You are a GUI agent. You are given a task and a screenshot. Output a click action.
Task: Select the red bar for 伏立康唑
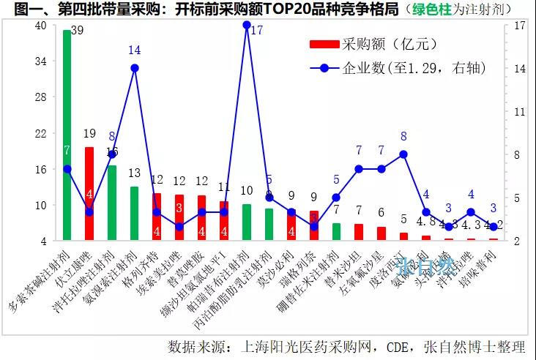[x=89, y=194]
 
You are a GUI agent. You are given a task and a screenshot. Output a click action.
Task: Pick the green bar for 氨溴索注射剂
[x=135, y=213]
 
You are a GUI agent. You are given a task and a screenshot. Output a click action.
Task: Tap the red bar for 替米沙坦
[x=359, y=232]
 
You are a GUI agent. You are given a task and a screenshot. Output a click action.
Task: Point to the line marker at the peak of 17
[x=247, y=25]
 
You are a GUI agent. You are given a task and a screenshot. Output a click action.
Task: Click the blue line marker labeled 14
[x=135, y=68]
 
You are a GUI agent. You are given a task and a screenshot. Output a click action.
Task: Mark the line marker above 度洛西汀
[x=403, y=154]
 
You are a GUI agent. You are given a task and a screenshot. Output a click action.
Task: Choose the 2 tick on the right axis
[x=517, y=241]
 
